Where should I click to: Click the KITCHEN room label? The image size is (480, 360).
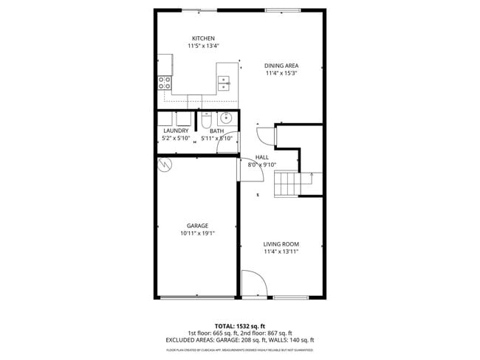203,38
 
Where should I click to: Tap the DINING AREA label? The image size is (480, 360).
281,66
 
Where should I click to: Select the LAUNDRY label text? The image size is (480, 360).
176,131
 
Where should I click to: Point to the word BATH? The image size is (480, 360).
216,131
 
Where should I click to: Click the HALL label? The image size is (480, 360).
261,157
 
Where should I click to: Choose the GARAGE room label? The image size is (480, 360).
197,226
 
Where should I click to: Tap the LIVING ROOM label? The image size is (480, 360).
281,243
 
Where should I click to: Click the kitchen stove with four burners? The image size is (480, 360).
164,83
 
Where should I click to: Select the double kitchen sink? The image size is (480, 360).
225,83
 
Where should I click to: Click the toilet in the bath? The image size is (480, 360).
207,118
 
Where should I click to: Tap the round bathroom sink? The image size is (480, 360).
226,118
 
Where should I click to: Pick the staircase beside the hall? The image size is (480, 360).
288,183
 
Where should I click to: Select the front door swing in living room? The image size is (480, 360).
253,284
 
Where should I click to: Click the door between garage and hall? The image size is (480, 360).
240,169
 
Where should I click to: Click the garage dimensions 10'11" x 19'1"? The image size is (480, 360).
197,233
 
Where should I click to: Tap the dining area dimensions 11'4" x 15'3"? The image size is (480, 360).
281,73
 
